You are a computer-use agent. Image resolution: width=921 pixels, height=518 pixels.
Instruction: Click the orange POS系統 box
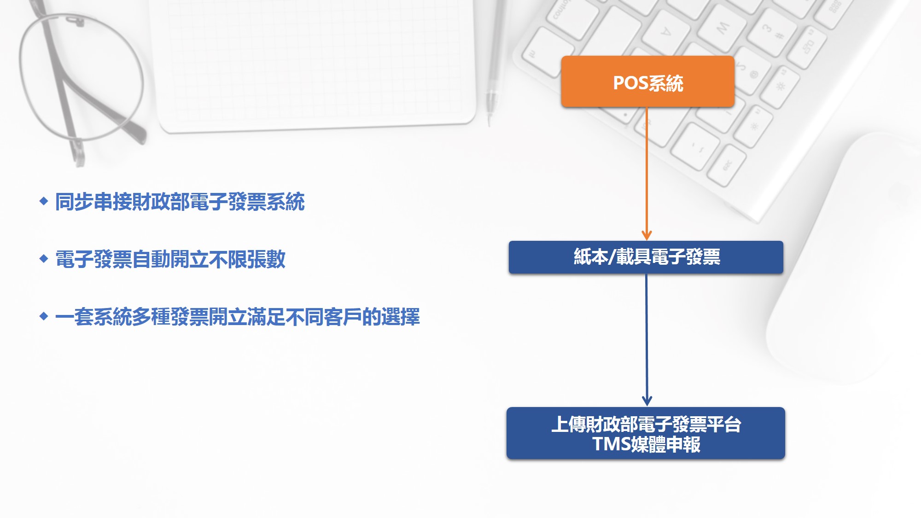pyautogui.click(x=647, y=81)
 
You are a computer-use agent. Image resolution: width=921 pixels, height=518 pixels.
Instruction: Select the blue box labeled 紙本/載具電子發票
pyautogui.click(x=646, y=257)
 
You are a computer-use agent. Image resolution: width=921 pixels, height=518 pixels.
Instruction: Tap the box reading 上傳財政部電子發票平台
pyautogui.click(x=646, y=433)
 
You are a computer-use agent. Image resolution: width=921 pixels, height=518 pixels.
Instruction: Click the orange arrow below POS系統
pyautogui.click(x=647, y=174)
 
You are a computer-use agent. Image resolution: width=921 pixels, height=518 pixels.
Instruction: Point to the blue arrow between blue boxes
pyautogui.click(x=647, y=340)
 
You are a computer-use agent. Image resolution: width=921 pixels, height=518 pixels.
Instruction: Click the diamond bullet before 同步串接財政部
pyautogui.click(x=44, y=201)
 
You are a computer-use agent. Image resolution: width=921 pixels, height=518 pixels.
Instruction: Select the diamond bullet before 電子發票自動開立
pyautogui.click(x=44, y=258)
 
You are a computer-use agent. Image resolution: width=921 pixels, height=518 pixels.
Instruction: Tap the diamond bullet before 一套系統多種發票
pyautogui.click(x=44, y=316)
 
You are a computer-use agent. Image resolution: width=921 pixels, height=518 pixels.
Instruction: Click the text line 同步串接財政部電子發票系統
pyautogui.click(x=180, y=202)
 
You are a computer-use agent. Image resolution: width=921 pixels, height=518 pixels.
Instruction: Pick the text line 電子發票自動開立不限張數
pyautogui.click(x=170, y=259)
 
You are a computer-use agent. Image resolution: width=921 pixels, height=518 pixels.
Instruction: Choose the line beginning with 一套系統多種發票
pyautogui.click(x=238, y=317)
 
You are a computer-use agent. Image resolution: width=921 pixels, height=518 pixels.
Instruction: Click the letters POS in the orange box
pyautogui.click(x=630, y=83)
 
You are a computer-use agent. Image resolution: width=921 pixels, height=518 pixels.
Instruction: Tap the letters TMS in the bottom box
pyautogui.click(x=612, y=444)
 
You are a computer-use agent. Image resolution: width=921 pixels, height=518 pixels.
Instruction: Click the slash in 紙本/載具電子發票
pyautogui.click(x=612, y=257)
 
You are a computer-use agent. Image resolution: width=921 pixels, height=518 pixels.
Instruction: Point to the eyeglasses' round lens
pyautogui.click(x=81, y=76)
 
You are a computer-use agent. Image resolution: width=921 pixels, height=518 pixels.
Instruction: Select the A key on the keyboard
pyautogui.click(x=666, y=32)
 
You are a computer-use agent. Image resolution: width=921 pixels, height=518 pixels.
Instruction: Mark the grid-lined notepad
pyautogui.click(x=313, y=64)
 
